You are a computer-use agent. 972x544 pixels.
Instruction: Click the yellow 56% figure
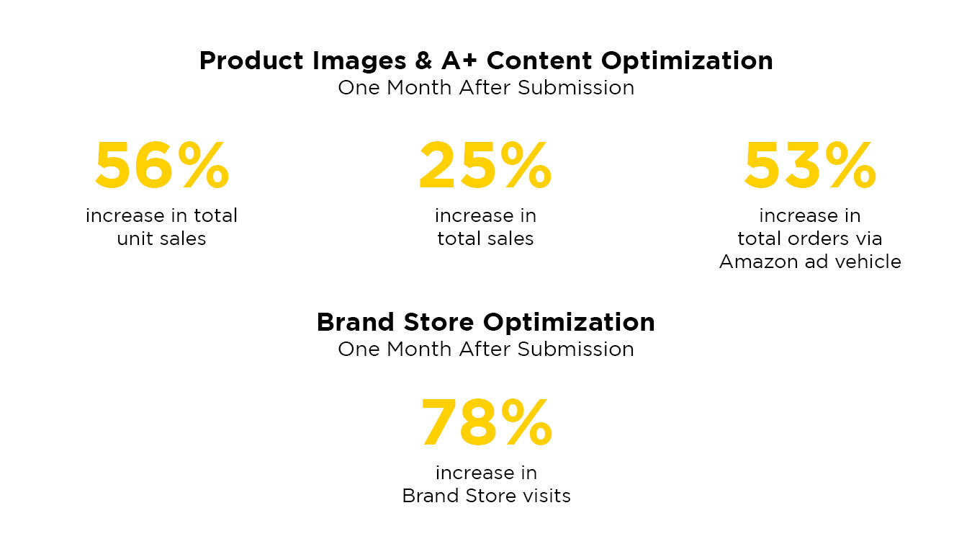162,166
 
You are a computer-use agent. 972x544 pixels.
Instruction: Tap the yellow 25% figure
485,166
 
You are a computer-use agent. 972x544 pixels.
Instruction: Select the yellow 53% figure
810,166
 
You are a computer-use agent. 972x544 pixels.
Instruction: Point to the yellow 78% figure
487,422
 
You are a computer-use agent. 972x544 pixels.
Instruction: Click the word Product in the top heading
251,61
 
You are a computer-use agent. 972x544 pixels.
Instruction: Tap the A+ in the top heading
459,61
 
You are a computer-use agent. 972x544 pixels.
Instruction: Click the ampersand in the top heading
423,61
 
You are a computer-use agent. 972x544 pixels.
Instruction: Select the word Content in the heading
539,61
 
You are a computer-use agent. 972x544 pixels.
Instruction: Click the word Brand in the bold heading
356,322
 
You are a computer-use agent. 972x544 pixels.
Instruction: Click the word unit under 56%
135,238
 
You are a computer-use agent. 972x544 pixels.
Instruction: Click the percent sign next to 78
526,422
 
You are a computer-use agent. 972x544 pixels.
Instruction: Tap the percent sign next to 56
203,166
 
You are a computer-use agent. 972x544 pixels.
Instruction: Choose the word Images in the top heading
359,61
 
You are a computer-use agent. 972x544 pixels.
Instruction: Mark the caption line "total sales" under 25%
485,238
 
